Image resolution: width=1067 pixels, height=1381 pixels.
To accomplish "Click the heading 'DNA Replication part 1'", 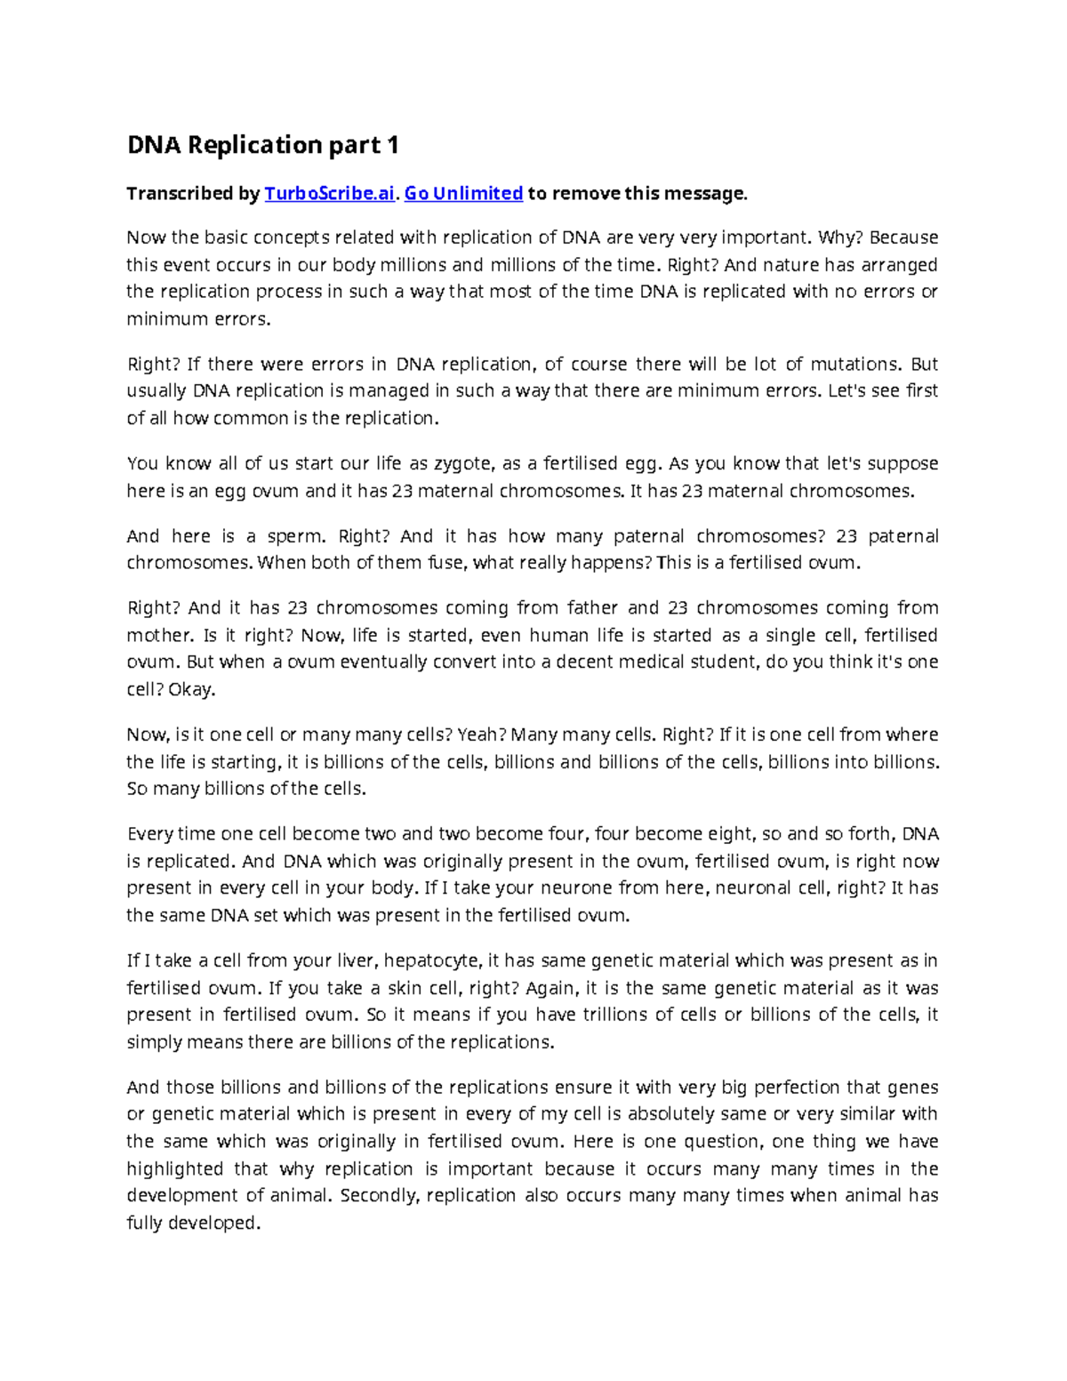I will pos(263,145).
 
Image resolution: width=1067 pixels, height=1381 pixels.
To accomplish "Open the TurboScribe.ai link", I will pos(329,194).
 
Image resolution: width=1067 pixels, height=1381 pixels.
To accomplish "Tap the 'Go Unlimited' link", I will pos(463,194).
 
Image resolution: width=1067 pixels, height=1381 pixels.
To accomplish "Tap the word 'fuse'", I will pos(447,563).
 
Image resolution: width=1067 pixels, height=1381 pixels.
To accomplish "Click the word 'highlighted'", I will pos(174,1169).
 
